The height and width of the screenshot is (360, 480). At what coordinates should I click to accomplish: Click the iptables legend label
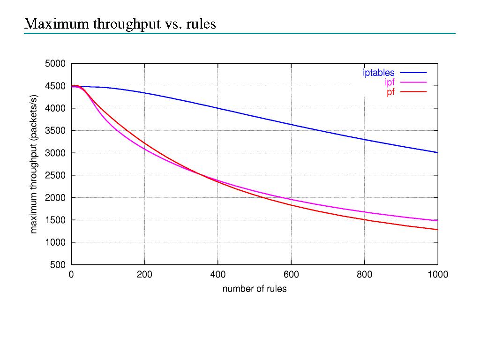[x=379, y=73]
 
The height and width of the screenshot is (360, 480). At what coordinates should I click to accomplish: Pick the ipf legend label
[x=390, y=82]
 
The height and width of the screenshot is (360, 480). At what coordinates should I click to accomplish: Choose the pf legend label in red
[x=390, y=92]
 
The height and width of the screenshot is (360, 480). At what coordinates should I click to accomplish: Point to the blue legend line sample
[x=413, y=73]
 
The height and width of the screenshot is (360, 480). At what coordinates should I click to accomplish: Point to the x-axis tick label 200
[x=144, y=275]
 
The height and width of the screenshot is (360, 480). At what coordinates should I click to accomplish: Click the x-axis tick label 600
[x=291, y=275]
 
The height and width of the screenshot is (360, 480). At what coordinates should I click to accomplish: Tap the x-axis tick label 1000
[x=438, y=275]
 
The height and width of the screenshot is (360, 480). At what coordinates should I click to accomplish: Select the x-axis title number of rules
[x=255, y=289]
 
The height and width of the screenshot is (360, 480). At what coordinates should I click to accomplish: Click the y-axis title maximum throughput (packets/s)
[x=34, y=164]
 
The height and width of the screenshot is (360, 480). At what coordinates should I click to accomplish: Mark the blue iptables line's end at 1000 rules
[x=437, y=152]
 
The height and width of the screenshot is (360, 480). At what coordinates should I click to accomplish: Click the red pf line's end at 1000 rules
[x=437, y=230]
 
